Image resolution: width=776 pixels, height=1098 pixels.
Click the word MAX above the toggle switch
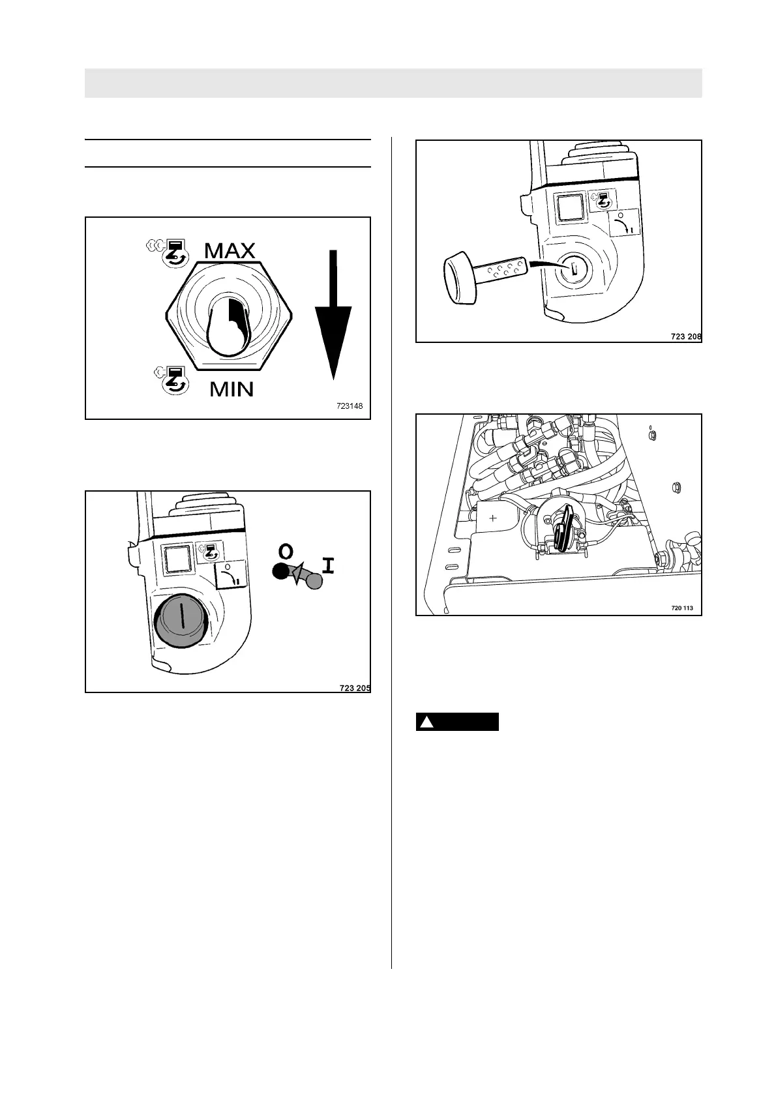click(230, 251)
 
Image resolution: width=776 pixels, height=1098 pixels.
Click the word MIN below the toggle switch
click(231, 389)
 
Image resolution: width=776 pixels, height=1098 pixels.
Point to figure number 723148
click(350, 406)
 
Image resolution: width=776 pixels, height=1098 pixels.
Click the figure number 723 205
click(355, 687)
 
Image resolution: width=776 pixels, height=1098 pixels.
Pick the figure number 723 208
click(686, 337)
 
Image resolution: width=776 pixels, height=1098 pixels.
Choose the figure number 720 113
click(682, 608)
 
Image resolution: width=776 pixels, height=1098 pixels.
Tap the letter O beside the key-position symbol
click(286, 552)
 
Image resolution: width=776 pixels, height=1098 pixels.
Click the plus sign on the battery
click(493, 518)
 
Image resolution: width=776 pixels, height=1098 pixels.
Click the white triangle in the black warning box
click(426, 722)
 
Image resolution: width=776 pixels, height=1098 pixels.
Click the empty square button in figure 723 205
click(177, 559)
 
